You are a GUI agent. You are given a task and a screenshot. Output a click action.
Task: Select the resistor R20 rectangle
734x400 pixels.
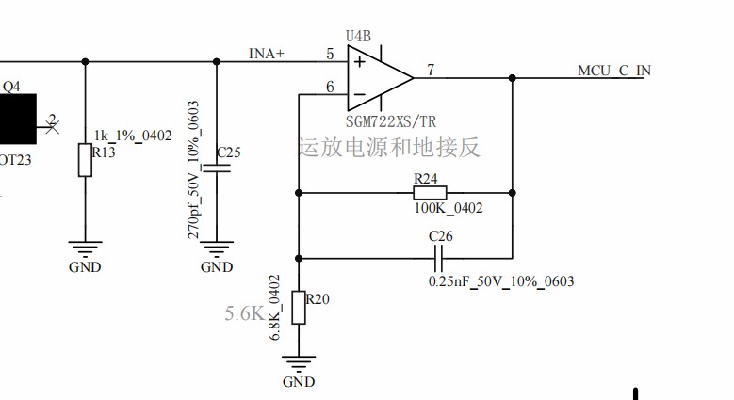coord(299,308)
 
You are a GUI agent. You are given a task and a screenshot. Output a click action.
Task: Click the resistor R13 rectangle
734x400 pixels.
coord(85,159)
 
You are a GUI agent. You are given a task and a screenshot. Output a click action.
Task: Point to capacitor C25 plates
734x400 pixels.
coord(217,169)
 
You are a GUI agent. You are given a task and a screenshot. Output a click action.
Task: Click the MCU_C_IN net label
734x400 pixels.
coord(613,71)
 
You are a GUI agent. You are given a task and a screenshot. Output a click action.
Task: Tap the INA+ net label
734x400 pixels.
coord(266,54)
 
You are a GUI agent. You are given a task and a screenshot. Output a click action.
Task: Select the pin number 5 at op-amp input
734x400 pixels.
coord(330,54)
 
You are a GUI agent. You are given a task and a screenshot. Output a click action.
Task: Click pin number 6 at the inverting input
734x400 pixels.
coord(330,88)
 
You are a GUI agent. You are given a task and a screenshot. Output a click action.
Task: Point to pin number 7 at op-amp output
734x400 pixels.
coord(431,70)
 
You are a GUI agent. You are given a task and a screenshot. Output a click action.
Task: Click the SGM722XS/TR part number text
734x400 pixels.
coord(390,122)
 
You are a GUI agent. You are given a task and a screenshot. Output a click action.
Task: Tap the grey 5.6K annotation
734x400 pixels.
coord(243,313)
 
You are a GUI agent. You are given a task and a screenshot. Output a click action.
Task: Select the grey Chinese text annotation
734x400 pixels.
coord(389,148)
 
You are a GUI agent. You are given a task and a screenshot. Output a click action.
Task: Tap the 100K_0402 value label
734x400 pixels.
coord(448,208)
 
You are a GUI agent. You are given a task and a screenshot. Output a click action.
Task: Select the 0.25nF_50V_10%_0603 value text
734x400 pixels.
coord(500,281)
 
